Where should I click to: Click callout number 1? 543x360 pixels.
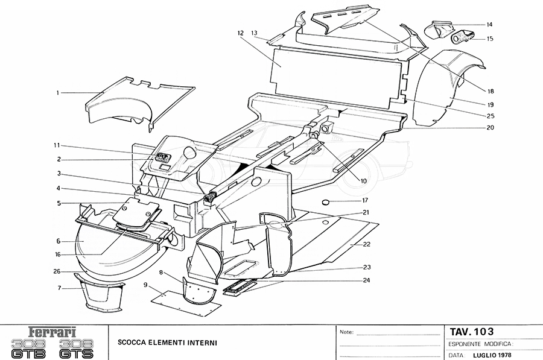click(58, 93)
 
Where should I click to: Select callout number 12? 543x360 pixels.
click(240, 33)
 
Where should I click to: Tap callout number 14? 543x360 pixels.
click(489, 25)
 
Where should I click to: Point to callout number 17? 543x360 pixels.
click(364, 200)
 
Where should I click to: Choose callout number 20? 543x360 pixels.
click(490, 128)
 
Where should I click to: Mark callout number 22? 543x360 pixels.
click(367, 244)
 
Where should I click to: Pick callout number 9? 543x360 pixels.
click(145, 283)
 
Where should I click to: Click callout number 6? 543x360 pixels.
click(59, 241)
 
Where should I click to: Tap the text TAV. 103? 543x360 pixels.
click(471, 331)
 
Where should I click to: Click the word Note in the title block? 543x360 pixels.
click(346, 332)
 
